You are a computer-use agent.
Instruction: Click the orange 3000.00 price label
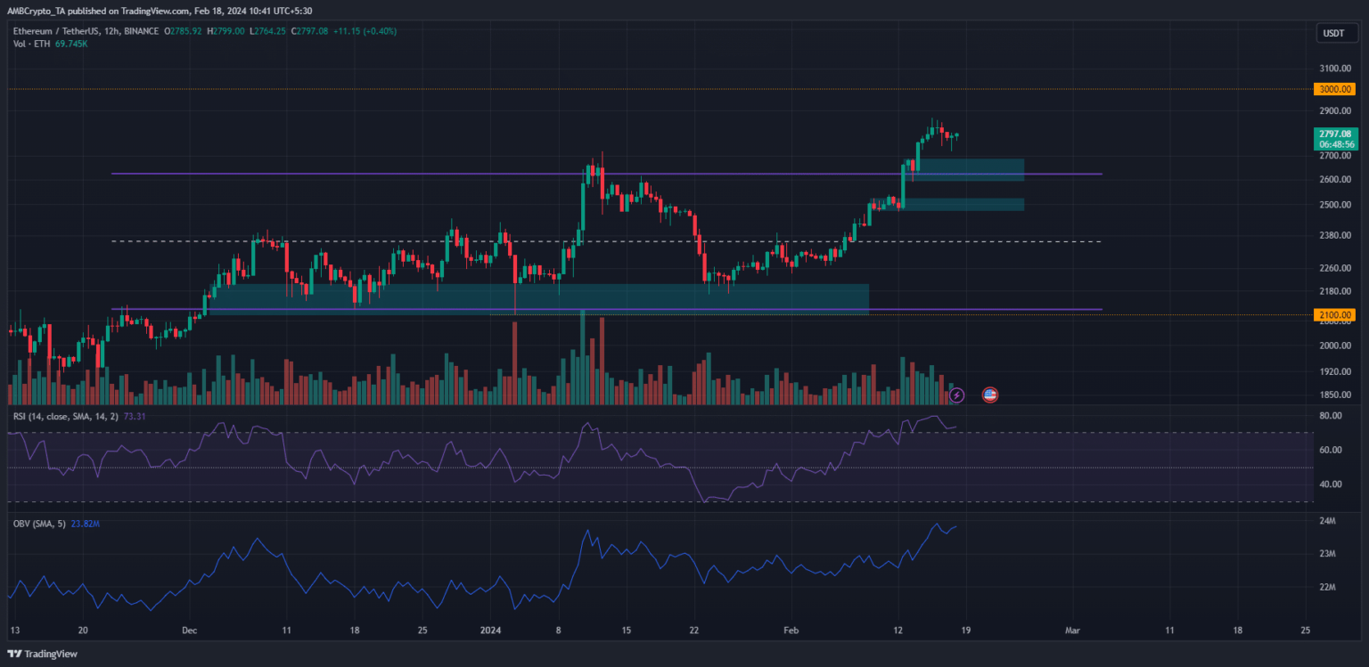click(1334, 89)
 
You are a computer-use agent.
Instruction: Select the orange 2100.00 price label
click(1334, 314)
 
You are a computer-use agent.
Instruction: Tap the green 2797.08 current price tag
click(1334, 134)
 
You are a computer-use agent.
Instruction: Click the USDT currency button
click(1334, 34)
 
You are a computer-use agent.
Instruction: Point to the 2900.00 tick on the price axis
click(1334, 111)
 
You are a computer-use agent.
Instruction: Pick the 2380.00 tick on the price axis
click(1334, 235)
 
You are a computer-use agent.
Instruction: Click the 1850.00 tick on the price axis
click(1334, 395)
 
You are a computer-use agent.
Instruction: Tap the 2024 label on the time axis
click(491, 629)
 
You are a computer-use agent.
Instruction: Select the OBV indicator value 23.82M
click(85, 525)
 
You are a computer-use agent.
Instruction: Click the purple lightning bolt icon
click(956, 394)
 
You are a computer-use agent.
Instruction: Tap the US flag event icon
click(989, 394)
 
